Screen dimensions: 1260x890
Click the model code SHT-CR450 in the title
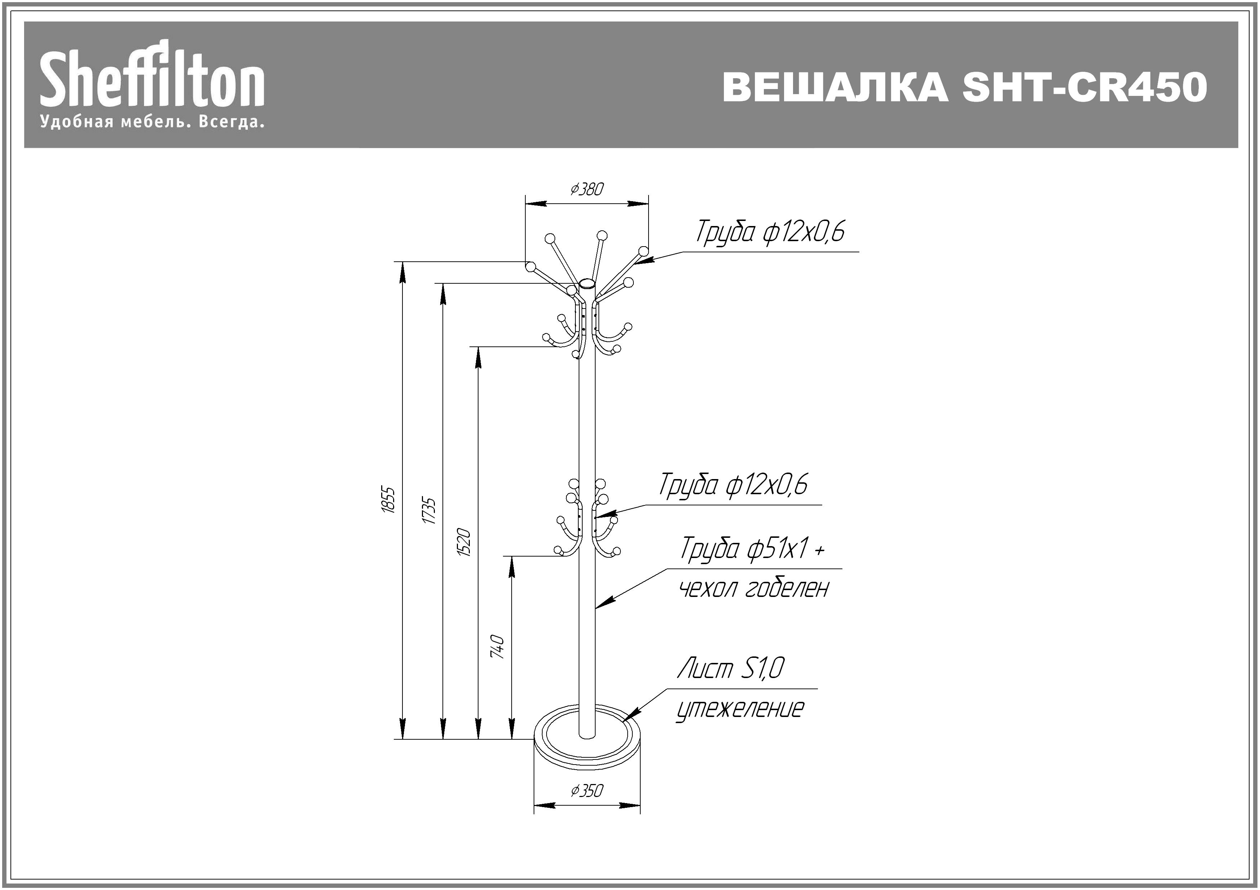(x=1085, y=87)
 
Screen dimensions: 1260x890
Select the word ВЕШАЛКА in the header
(x=835, y=87)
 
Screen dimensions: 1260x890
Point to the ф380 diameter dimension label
(x=587, y=189)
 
